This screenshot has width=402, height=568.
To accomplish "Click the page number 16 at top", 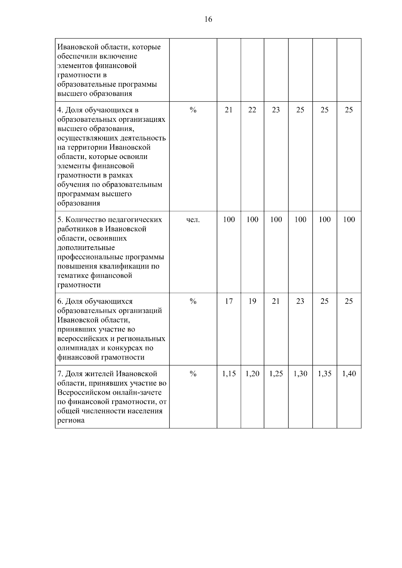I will pos(208,19).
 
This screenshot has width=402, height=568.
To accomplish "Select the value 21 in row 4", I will pos(228,110).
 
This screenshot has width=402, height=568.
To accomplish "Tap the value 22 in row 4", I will pos(252,110).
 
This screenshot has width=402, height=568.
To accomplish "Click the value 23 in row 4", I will pos(276,110).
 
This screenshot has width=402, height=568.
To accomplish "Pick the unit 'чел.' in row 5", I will pos(193,220).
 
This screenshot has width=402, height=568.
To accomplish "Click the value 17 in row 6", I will pos(228,302).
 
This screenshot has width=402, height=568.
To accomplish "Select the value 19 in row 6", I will pos(252,302).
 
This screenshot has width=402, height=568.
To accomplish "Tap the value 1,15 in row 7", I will pos(229,374).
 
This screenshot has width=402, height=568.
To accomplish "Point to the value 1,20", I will pos(252,374).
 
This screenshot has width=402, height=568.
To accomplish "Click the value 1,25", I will pos(276,374).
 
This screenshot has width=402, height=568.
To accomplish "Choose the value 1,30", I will pos(300,374).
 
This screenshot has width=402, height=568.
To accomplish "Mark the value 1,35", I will pos(325,374).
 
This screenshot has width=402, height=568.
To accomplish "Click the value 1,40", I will pos(349,374).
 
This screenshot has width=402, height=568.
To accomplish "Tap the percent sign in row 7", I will pos(193,374).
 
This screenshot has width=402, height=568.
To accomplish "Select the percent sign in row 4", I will pos(193,110).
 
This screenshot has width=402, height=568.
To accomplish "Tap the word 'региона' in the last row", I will pos(71,420).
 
